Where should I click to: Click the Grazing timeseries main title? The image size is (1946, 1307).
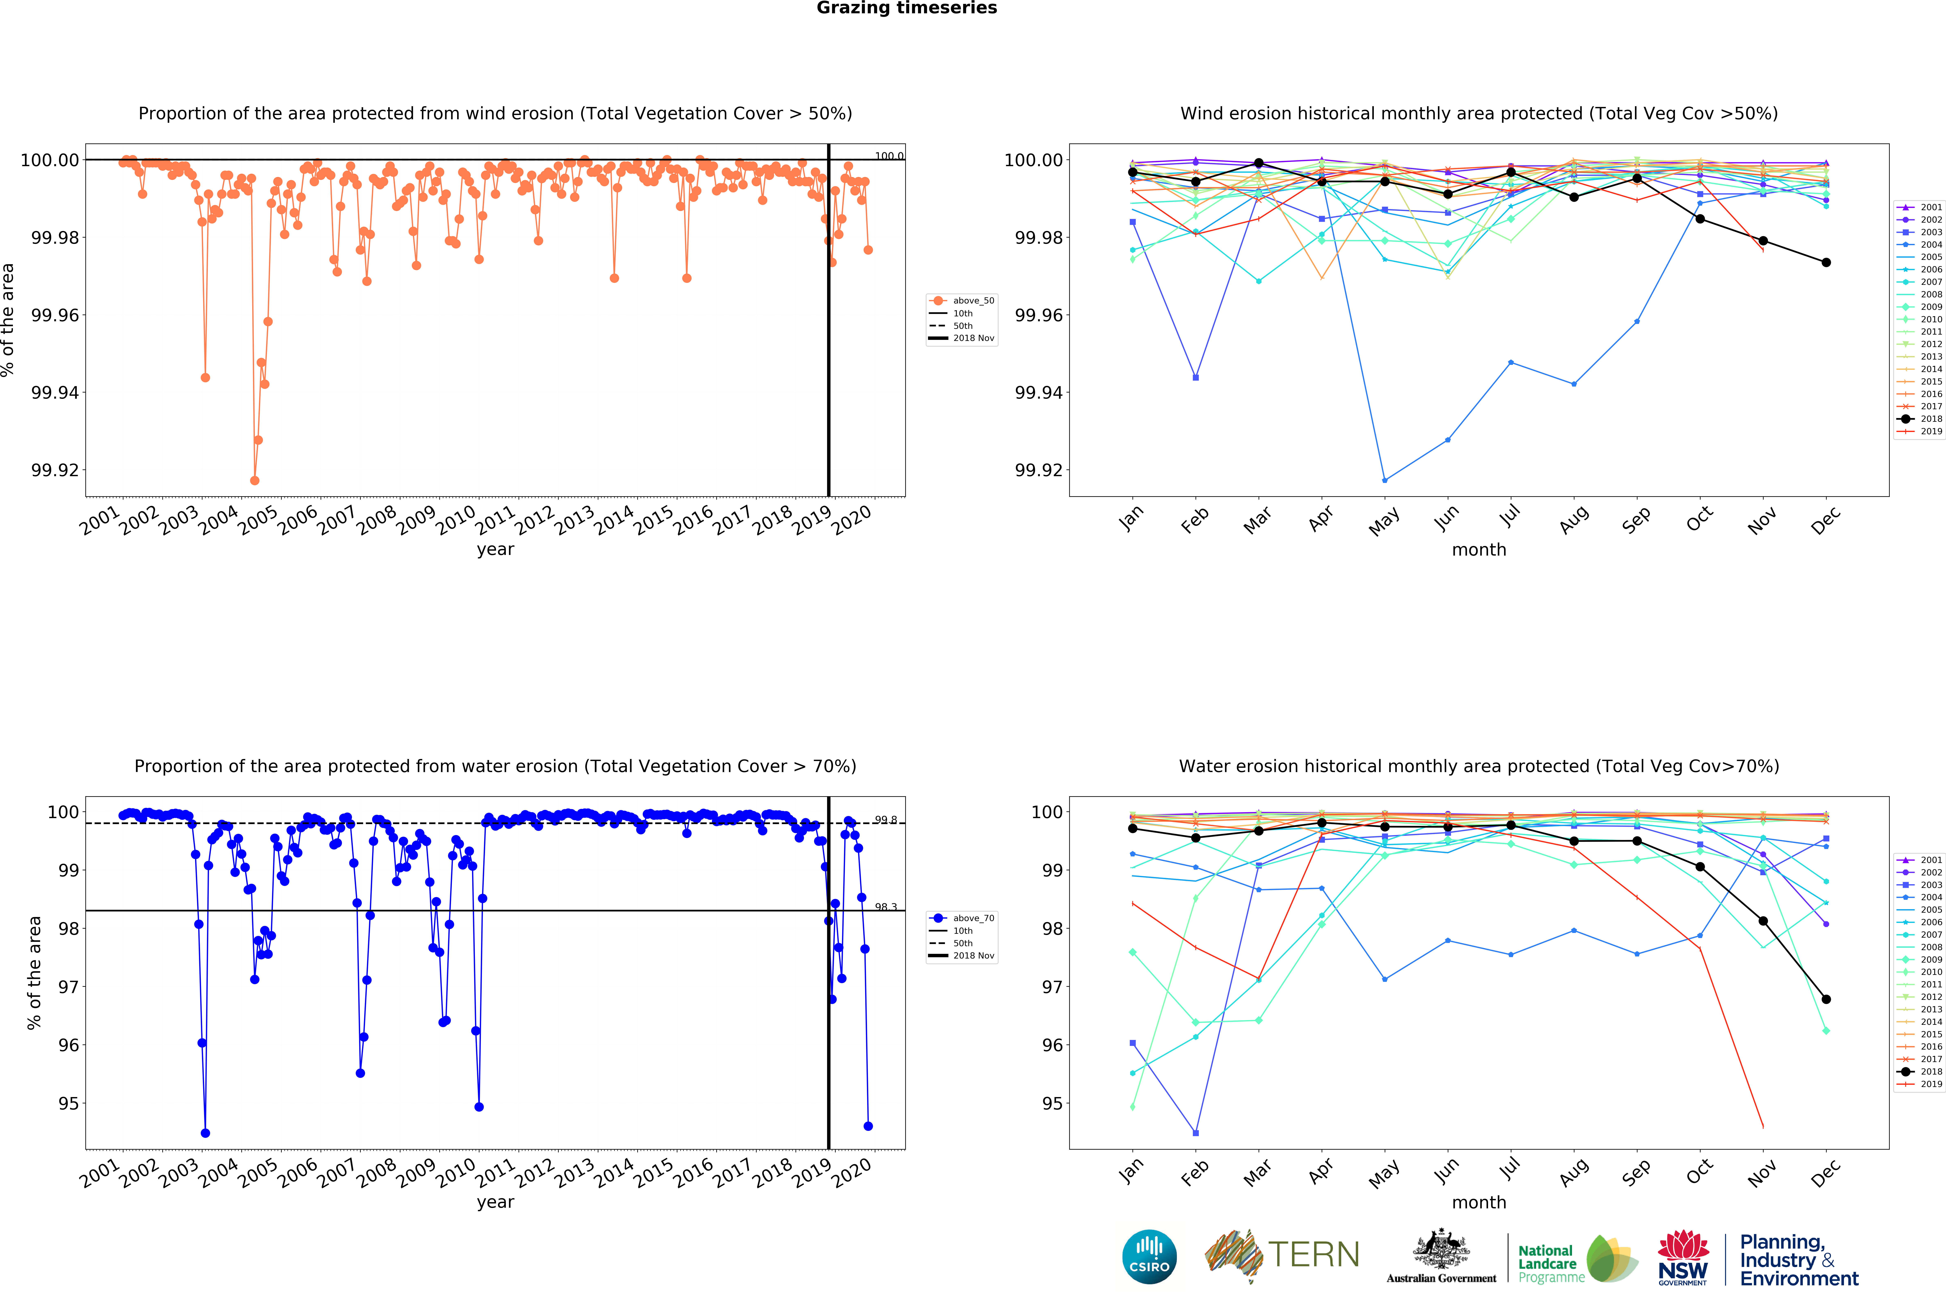pos(906,8)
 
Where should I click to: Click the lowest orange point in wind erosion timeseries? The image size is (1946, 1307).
pos(254,480)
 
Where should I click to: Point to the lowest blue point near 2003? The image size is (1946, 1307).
pos(205,1133)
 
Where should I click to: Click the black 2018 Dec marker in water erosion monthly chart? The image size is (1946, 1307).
pos(1826,999)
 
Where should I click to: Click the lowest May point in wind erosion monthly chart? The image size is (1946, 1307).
pos(1385,480)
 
